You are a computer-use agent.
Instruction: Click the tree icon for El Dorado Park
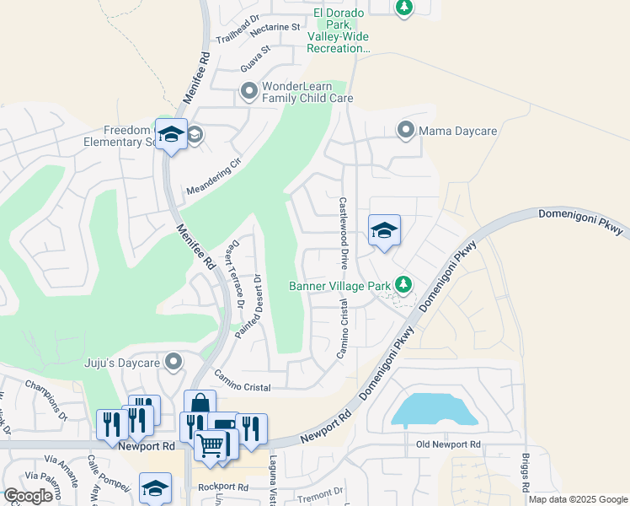click(x=404, y=8)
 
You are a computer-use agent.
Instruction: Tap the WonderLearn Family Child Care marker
click(x=248, y=91)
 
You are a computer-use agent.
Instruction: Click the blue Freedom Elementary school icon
click(x=171, y=135)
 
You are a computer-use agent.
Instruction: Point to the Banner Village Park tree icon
click(x=404, y=284)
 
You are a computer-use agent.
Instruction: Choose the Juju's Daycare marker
click(x=174, y=362)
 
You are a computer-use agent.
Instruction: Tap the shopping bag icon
click(x=200, y=403)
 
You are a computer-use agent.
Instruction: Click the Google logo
click(x=28, y=496)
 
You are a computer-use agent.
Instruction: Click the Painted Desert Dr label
click(x=250, y=308)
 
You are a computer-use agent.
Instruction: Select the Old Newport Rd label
click(x=448, y=444)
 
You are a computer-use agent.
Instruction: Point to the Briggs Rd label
click(x=526, y=469)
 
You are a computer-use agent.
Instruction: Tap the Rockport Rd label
click(x=223, y=487)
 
